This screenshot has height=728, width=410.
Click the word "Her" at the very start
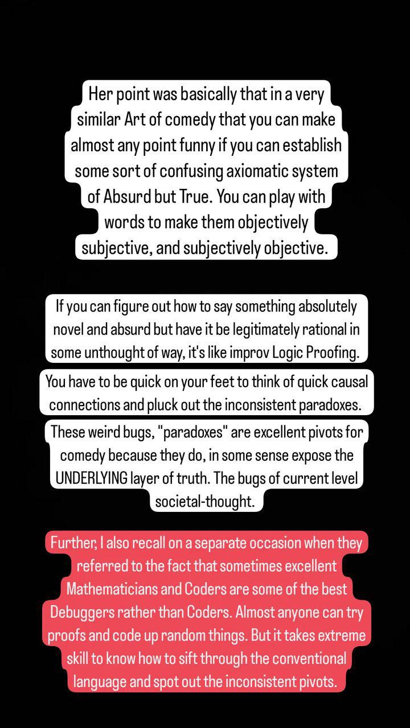(x=100, y=94)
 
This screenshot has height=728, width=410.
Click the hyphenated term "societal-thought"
(x=204, y=501)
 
